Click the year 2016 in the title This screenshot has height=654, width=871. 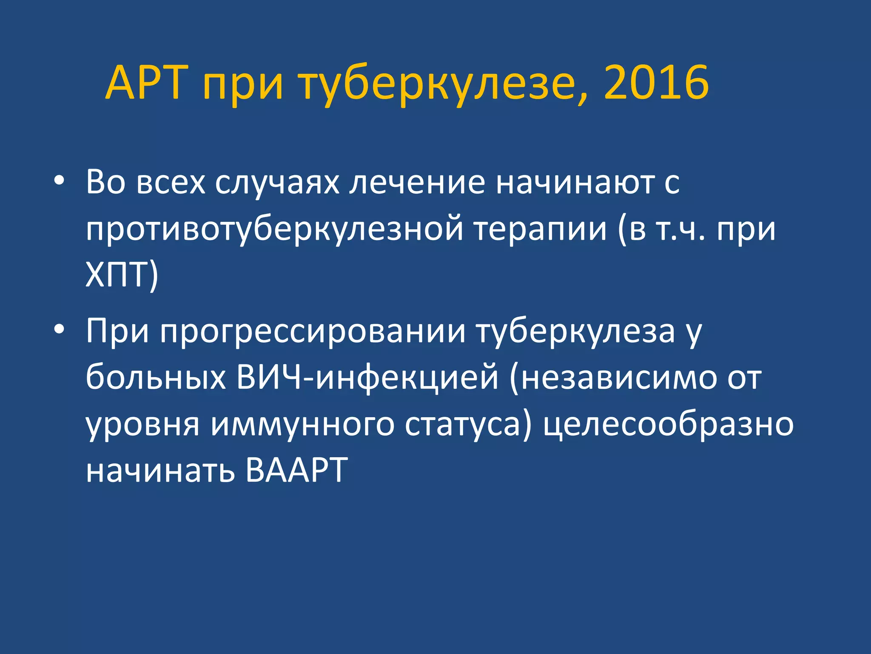tap(656, 83)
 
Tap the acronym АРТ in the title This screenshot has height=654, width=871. tap(147, 83)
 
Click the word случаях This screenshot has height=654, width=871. tap(277, 183)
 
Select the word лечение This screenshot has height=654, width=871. tap(417, 183)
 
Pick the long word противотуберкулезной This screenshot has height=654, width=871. tap(274, 230)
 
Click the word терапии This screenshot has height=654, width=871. tap(540, 230)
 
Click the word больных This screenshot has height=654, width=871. tap(156, 377)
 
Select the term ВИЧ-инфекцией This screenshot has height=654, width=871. tap(367, 377)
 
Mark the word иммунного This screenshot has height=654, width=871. tap(302, 425)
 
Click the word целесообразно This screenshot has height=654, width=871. tap(668, 425)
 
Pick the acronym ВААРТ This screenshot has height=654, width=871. tap(297, 470)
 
